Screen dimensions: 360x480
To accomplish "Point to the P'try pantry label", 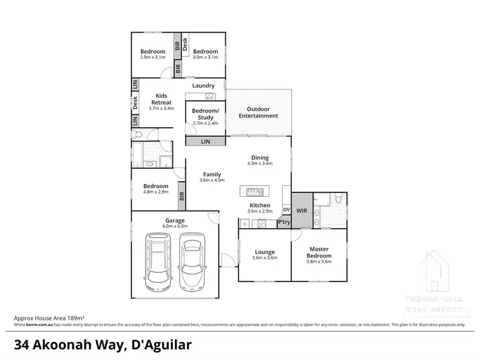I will pos(284,223).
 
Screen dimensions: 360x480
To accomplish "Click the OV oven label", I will pos(286,209).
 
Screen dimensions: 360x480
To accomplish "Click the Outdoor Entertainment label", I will pos(259,113).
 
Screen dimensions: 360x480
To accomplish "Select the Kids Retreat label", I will pos(157,99).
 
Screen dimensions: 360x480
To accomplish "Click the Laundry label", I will pos(204,86).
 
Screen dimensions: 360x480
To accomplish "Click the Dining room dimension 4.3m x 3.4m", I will pos(260,164).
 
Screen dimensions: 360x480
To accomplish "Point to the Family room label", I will pos(212,174).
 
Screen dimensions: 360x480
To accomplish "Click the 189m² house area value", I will pos(77,317).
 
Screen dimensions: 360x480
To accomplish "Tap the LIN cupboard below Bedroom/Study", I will pos(205,141).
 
